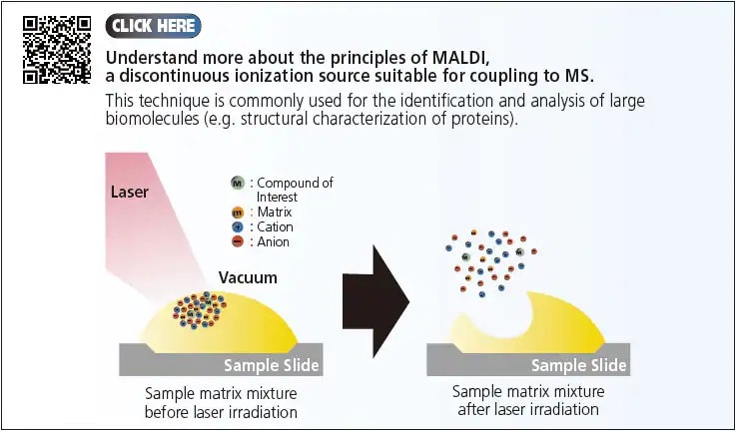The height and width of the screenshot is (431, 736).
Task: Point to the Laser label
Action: pyautogui.click(x=128, y=191)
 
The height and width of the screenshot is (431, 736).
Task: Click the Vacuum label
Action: pyautogui.click(x=248, y=277)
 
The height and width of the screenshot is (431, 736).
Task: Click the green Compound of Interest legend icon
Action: pyautogui.click(x=238, y=183)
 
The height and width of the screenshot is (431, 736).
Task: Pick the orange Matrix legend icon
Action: pyautogui.click(x=238, y=213)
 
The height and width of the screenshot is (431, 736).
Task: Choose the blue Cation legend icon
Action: pyautogui.click(x=238, y=226)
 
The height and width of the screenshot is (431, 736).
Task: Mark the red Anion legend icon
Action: pyautogui.click(x=238, y=240)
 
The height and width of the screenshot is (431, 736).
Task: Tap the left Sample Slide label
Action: pyautogui.click(x=271, y=365)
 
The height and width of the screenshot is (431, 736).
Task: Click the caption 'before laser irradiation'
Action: pyautogui.click(x=221, y=412)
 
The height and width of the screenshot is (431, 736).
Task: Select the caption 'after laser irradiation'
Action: pyautogui.click(x=528, y=410)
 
